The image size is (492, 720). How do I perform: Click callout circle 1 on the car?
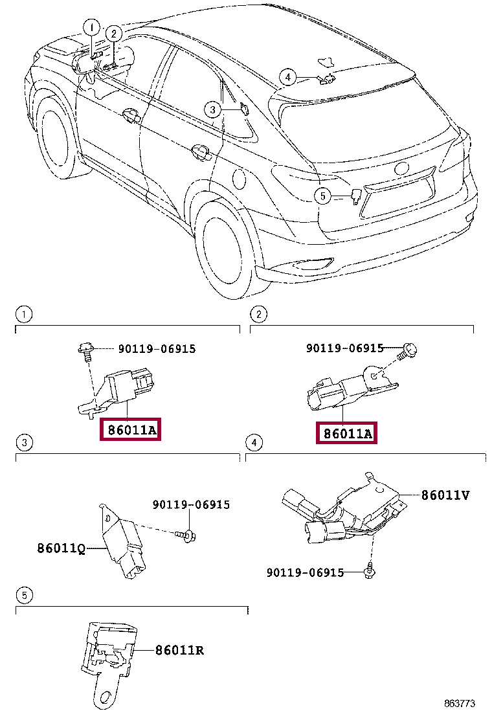click(91, 27)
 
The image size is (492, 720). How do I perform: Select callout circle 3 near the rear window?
click(213, 110)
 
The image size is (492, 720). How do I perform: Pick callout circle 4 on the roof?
click(288, 78)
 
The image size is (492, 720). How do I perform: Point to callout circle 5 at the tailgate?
click(323, 195)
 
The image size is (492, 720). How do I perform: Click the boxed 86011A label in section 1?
click(129, 430)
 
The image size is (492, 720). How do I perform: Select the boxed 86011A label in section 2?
click(346, 433)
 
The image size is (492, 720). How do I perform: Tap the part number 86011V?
click(445, 495)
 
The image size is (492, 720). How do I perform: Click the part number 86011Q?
click(61, 548)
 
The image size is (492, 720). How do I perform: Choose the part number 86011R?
click(179, 650)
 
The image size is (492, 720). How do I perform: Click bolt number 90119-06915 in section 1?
click(157, 349)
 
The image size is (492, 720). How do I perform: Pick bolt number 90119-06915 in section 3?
click(191, 504)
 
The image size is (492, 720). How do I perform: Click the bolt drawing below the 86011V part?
click(371, 571)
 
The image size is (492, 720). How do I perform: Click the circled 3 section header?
click(24, 443)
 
